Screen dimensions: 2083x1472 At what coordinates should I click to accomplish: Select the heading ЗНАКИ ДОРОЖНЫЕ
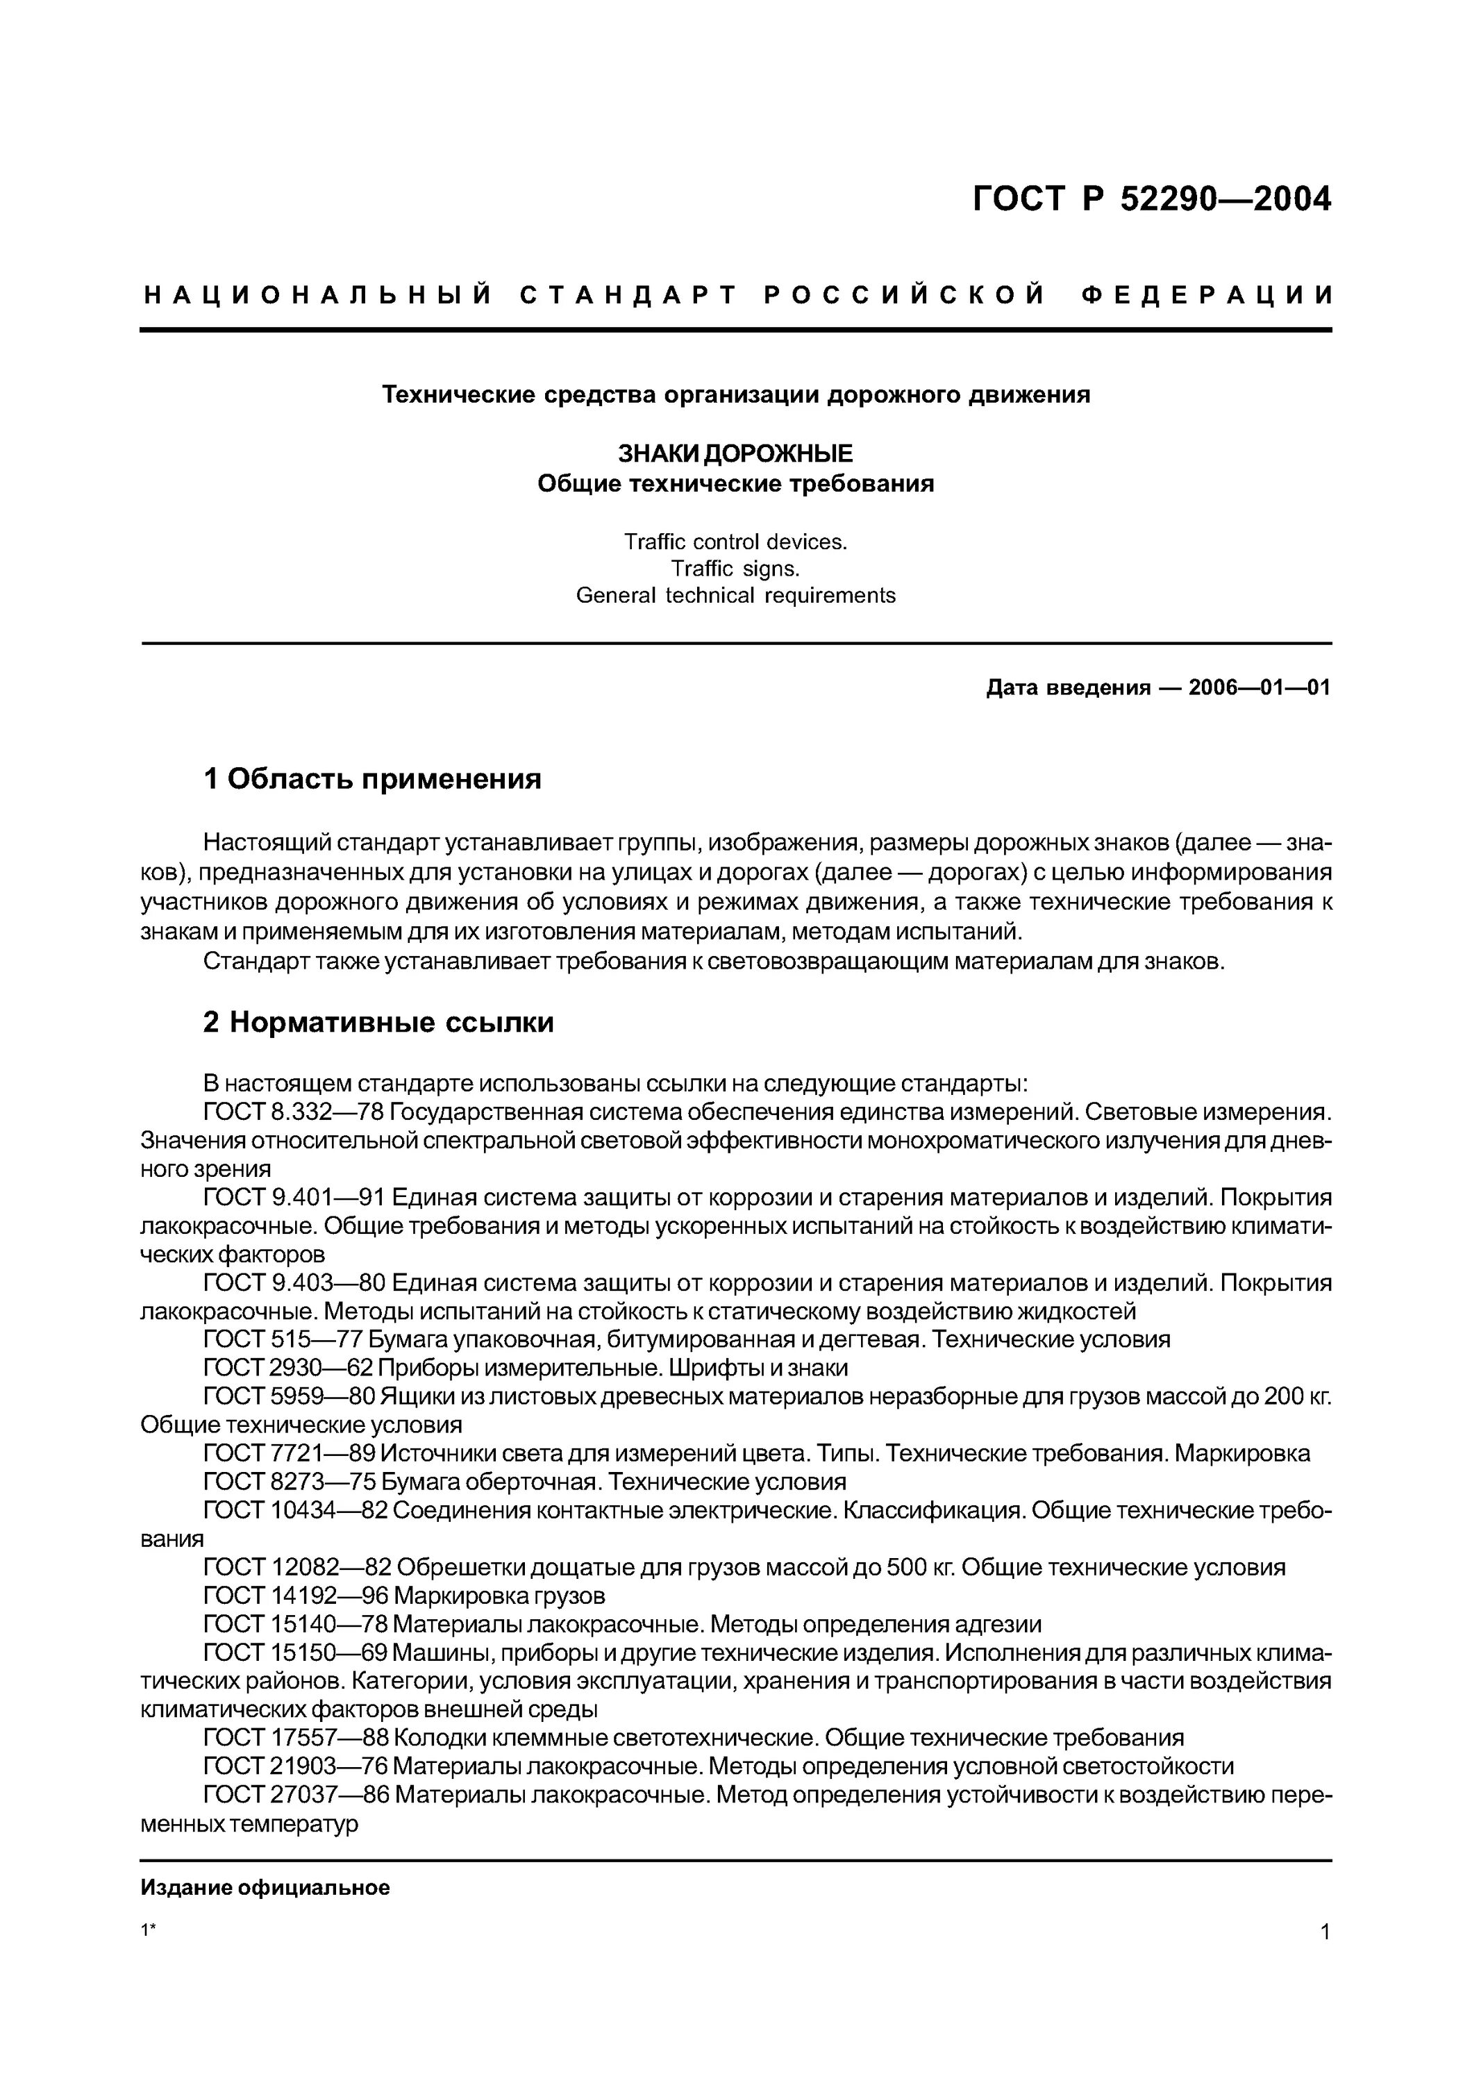coord(735,453)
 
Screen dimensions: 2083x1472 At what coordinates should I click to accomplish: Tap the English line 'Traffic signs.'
coord(735,569)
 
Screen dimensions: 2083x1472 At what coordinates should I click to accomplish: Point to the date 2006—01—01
coord(1259,687)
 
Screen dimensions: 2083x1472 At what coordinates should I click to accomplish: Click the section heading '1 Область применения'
coord(372,778)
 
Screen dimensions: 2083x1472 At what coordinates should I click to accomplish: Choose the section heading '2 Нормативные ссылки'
coord(378,1023)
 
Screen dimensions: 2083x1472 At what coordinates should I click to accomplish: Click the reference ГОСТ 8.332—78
coord(282,1112)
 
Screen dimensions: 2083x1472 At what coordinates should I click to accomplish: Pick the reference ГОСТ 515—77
coord(269,1339)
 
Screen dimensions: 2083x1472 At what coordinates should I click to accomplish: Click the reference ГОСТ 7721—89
coord(276,1453)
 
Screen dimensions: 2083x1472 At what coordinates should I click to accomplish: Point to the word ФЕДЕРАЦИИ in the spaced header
coord(1208,296)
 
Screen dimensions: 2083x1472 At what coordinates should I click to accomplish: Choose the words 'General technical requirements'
coord(735,596)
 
